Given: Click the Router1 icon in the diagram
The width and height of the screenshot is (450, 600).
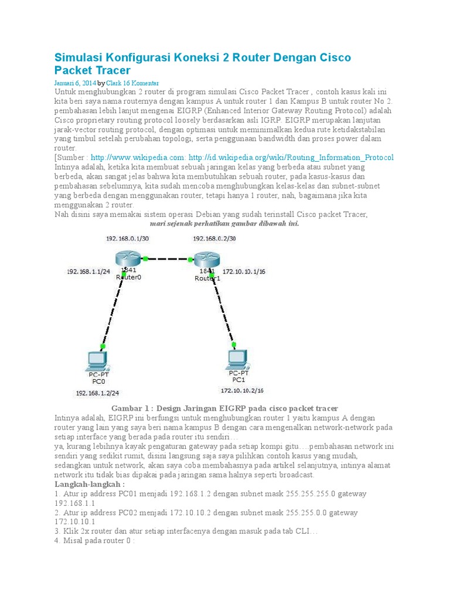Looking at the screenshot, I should [x=206, y=259].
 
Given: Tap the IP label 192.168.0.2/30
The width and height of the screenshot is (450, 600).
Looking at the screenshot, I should [x=214, y=238].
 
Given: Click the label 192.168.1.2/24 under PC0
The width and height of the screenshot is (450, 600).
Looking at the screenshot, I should [x=97, y=393].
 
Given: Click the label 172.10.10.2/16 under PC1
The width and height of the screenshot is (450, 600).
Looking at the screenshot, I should [x=241, y=390].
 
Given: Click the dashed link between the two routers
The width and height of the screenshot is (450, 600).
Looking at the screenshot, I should [x=167, y=258].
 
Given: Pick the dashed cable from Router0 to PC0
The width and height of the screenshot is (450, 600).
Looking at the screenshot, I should [x=111, y=311].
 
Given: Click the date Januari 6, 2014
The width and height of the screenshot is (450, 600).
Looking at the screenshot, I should [x=75, y=83].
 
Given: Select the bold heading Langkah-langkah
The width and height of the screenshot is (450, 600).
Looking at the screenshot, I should [x=89, y=485].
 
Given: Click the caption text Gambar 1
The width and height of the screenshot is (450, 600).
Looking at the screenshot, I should [x=131, y=408].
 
